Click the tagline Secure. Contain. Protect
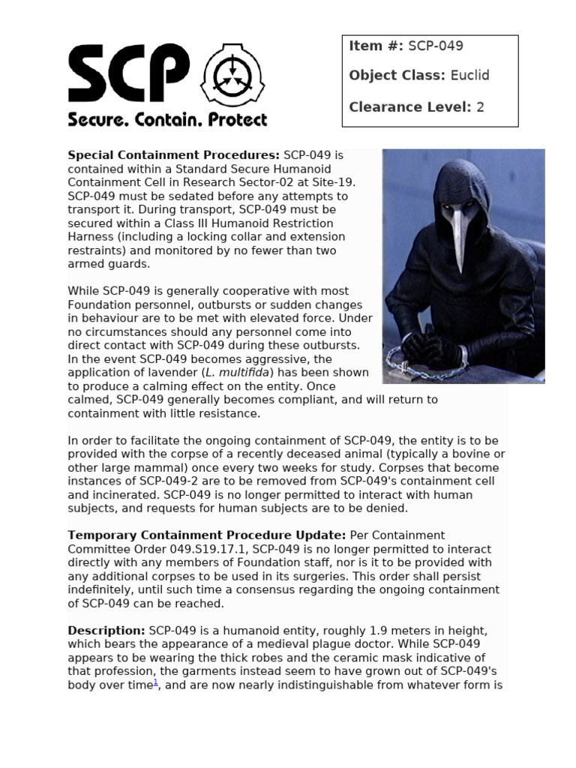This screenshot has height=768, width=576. click(167, 119)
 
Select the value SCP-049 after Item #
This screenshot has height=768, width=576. click(436, 46)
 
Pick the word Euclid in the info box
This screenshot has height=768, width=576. click(469, 76)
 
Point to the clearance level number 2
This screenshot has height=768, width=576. click(480, 107)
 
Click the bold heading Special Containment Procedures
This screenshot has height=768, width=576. click(174, 155)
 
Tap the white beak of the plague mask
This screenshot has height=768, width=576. click(457, 239)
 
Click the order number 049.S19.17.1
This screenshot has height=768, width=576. click(211, 549)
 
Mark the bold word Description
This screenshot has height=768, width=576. click(106, 631)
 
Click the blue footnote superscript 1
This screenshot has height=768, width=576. click(156, 682)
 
